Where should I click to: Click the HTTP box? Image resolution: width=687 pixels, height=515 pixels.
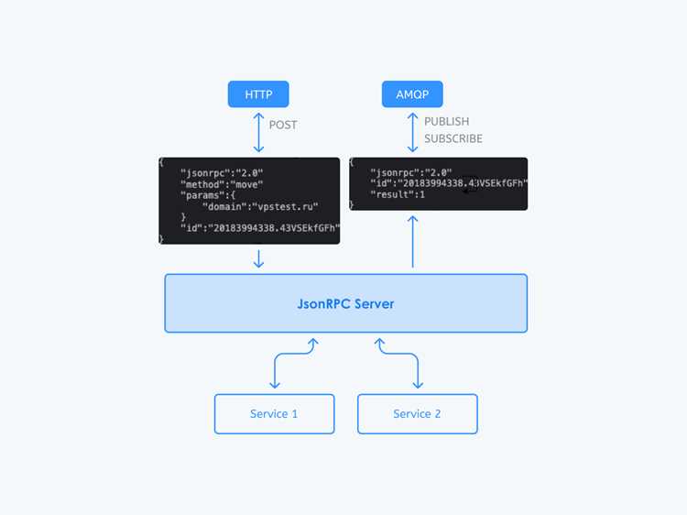pyautogui.click(x=258, y=94)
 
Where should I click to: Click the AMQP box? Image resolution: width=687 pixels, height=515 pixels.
pyautogui.click(x=412, y=94)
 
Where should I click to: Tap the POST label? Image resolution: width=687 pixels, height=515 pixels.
pyautogui.click(x=283, y=125)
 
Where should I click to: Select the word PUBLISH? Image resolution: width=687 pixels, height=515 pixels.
pyautogui.click(x=446, y=121)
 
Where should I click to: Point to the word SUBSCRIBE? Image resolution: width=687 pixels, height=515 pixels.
pyautogui.click(x=453, y=138)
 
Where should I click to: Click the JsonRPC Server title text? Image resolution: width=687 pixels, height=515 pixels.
pyautogui.click(x=345, y=303)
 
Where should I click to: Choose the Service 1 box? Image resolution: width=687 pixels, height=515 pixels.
pyautogui.click(x=274, y=414)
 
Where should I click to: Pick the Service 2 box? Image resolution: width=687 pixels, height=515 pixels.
pyautogui.click(x=418, y=414)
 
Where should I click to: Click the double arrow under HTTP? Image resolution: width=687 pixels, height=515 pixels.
pyautogui.click(x=258, y=132)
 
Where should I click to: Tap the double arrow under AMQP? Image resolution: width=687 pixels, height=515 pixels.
pyautogui.click(x=412, y=132)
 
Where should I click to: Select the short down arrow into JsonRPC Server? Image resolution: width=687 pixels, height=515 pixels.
pyautogui.click(x=258, y=258)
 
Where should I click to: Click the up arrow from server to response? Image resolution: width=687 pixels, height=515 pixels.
pyautogui.click(x=412, y=242)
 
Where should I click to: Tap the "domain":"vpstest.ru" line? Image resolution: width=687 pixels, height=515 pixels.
pyautogui.click(x=260, y=206)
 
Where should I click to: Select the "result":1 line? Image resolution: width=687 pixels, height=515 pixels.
pyautogui.click(x=398, y=194)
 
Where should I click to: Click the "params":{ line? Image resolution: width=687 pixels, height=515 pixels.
pyautogui.click(x=208, y=195)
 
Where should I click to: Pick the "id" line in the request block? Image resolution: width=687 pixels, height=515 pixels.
pyautogui.click(x=260, y=228)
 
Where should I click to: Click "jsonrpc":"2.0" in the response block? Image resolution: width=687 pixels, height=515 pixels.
pyautogui.click(x=411, y=172)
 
